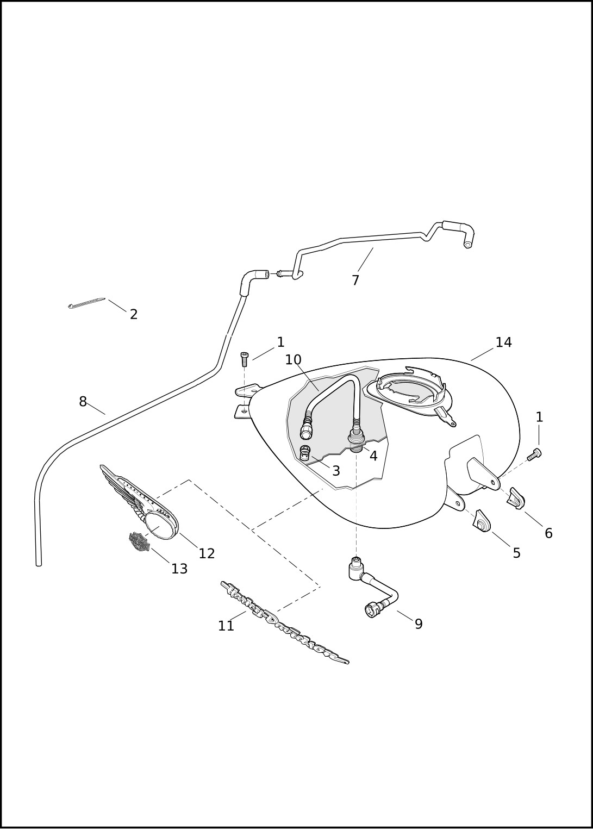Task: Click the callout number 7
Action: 355,281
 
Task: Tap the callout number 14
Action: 503,342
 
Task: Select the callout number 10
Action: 293,360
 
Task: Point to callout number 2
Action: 134,314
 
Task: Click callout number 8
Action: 83,402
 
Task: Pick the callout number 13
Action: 179,569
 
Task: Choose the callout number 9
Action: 419,624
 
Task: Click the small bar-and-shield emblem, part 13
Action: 139,541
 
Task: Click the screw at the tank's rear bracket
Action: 534,454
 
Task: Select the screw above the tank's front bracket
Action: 245,359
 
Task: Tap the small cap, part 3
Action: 305,453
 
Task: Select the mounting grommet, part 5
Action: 482,521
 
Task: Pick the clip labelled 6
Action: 516,498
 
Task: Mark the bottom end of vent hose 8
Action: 39,563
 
